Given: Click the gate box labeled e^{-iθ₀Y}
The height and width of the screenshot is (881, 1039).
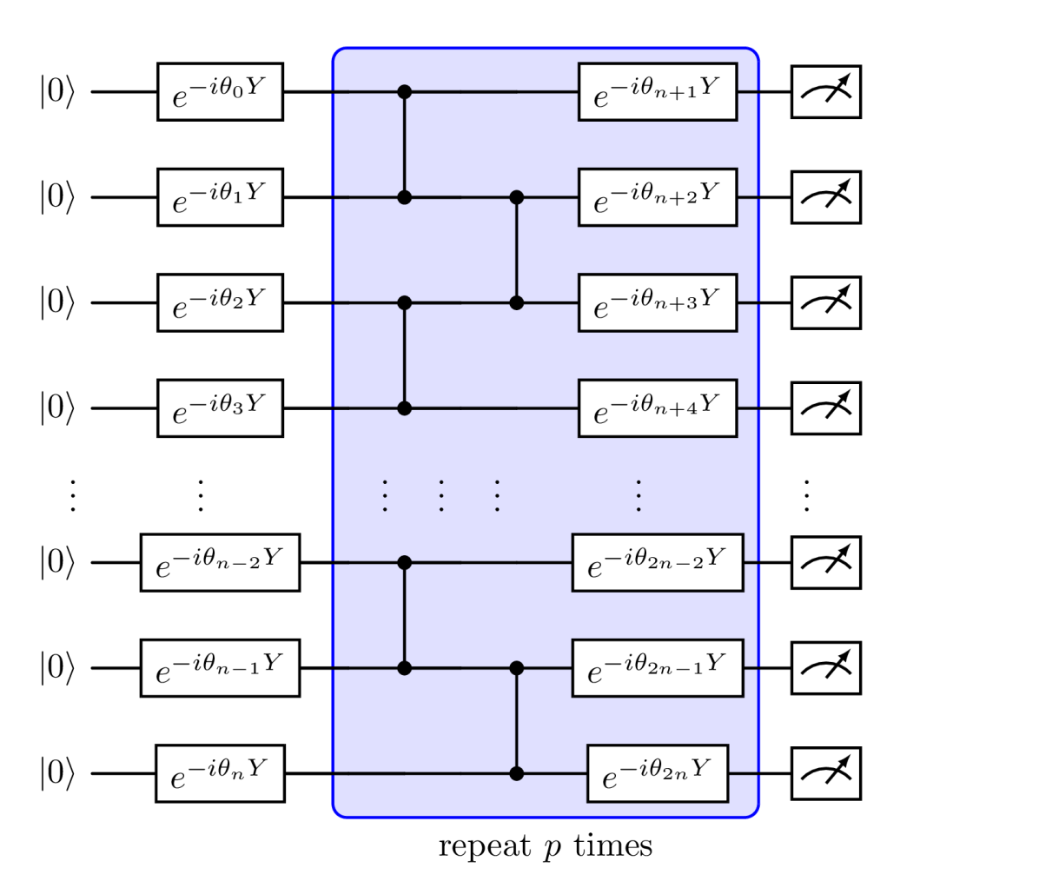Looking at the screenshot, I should [x=220, y=91].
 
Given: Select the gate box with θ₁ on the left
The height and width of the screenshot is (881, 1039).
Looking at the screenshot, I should [x=220, y=197].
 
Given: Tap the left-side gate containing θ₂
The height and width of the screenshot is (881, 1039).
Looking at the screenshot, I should [x=220, y=302].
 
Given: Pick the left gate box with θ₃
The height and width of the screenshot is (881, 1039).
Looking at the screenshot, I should [x=220, y=408].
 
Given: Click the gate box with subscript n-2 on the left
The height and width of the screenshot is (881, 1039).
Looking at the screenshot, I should [x=220, y=563].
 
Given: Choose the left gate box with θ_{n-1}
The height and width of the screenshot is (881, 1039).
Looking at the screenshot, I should [x=220, y=668].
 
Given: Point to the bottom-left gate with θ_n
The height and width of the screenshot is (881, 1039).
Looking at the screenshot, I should [x=220, y=773].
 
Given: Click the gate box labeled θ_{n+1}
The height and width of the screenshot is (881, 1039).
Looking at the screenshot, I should [x=658, y=91].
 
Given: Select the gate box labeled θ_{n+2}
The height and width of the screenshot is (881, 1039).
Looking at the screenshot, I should [x=658, y=197].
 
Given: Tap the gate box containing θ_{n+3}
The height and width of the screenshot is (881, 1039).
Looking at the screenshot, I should [x=658, y=302].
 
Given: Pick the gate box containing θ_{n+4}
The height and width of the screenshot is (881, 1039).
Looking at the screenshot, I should [x=658, y=408].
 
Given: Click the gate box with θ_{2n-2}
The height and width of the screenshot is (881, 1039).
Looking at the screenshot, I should [x=658, y=563].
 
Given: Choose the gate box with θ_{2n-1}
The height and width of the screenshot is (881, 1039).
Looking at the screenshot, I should [x=658, y=668].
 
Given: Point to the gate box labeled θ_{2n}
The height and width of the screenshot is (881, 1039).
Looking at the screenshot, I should [x=658, y=773].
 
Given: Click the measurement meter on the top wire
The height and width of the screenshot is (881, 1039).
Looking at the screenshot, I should [x=825, y=91].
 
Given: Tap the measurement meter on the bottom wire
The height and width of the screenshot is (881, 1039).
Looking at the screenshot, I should [x=825, y=773].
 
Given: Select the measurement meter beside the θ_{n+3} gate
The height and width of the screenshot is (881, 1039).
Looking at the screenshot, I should [x=825, y=302].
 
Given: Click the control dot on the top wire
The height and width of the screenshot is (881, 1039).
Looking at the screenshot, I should [x=404, y=91].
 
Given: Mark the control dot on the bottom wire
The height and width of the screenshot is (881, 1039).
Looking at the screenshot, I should [x=517, y=773].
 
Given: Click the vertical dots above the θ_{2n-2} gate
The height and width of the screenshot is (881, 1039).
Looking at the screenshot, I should [x=639, y=495].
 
